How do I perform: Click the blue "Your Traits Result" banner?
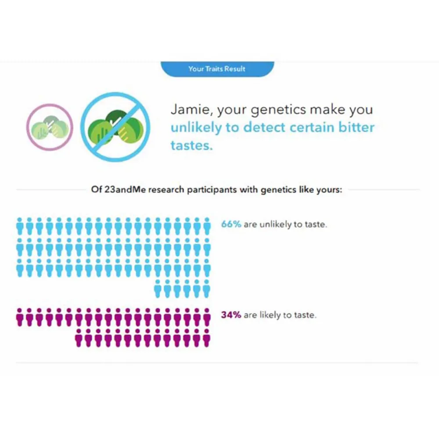(x=217, y=69)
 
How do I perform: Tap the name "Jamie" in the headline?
(x=191, y=109)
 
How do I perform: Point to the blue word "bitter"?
(x=356, y=127)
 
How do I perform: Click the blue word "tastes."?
(x=192, y=145)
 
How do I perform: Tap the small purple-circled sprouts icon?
(x=50, y=127)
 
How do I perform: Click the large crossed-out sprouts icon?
(x=115, y=127)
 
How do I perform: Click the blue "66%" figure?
(x=231, y=224)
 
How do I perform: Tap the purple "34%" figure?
(x=231, y=315)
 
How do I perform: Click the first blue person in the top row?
(x=20, y=226)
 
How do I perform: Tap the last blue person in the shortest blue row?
(x=207, y=289)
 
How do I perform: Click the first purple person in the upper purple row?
(x=20, y=317)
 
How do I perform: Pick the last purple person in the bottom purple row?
(x=207, y=338)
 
